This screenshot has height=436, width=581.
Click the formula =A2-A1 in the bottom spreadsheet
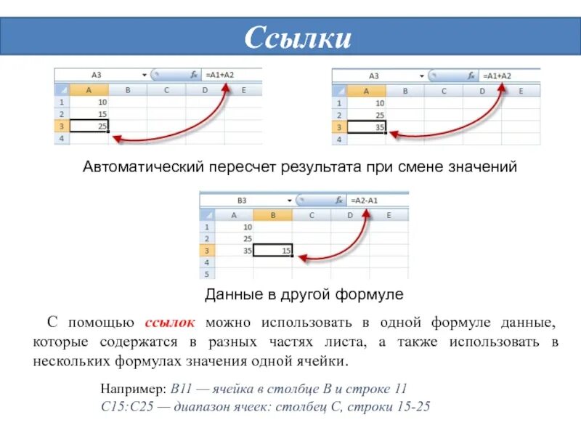(364, 200)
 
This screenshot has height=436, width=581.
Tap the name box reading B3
(242, 200)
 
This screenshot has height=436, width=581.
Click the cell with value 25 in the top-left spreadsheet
(89, 126)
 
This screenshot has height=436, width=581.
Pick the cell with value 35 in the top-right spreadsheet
(367, 127)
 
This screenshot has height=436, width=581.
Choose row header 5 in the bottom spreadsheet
(207, 274)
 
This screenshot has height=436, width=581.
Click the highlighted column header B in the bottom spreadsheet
(272, 215)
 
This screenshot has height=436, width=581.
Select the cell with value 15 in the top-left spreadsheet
(89, 114)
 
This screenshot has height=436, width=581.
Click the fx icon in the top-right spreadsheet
(472, 76)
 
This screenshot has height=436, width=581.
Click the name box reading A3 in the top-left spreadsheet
(97, 74)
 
